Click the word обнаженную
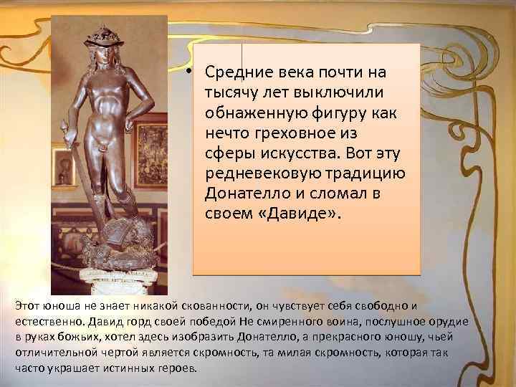247,113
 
